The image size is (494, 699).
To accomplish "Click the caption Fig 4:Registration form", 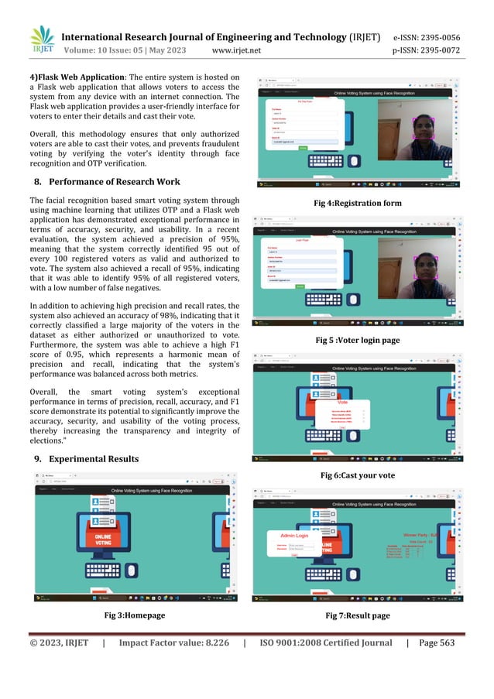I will (358, 203).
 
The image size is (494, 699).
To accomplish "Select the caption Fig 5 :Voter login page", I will (358, 340).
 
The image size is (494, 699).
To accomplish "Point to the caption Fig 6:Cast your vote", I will (358, 474).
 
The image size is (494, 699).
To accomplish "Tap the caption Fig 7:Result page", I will (358, 615).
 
